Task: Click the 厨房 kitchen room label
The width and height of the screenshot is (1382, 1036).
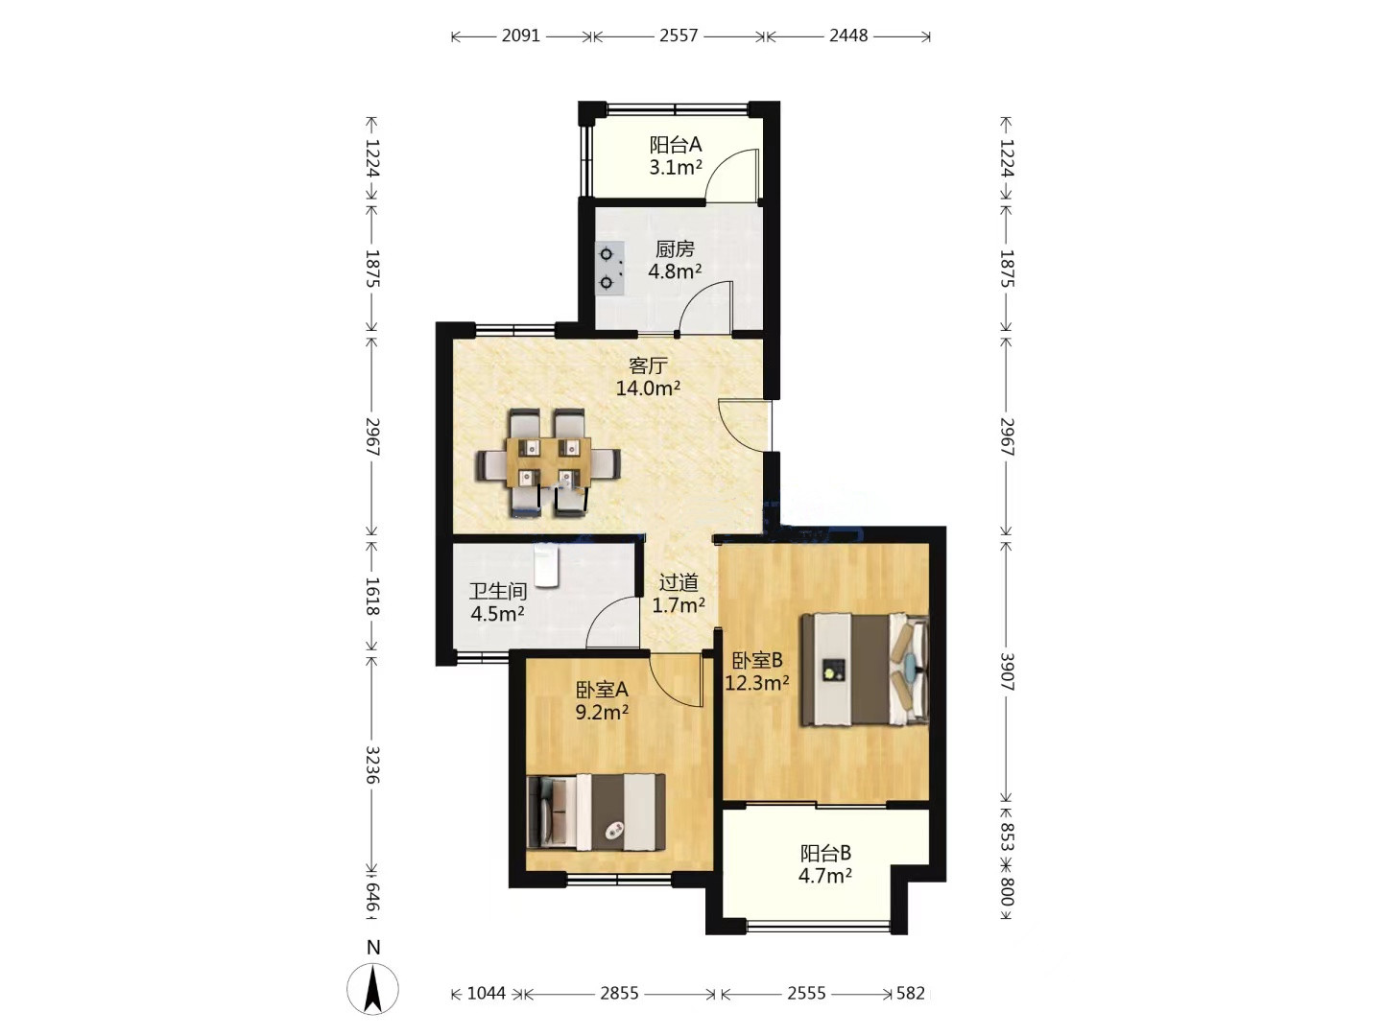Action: point(675,249)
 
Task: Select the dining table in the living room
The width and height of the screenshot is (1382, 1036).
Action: point(549,462)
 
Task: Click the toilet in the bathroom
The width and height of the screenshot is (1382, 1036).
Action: point(546,565)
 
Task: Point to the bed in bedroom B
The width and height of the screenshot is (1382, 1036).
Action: point(865,670)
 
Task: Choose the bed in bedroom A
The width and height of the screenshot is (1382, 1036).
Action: point(596,812)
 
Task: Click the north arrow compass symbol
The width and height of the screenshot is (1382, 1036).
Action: point(372,988)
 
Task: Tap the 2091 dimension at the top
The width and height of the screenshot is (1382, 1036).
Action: point(521,35)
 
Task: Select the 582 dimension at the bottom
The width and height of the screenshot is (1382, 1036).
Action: point(911,993)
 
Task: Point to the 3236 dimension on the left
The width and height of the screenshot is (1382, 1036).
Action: point(372,765)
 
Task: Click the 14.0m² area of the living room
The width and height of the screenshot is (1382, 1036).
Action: point(648,388)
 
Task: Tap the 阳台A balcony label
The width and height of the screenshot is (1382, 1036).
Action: point(676,145)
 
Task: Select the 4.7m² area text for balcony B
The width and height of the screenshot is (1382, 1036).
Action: point(825,875)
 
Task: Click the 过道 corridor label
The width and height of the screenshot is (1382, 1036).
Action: point(679,583)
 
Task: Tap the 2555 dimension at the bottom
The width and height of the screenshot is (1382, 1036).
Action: point(806,993)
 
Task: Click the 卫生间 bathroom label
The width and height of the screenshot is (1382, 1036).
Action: point(497,591)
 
